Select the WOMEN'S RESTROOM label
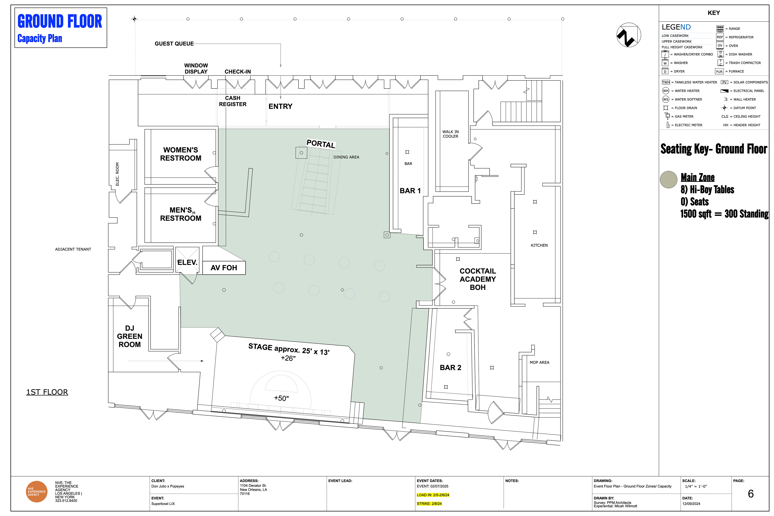(x=181, y=154)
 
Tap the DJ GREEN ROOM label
(x=130, y=336)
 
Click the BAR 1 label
(x=410, y=191)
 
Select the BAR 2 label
(x=450, y=368)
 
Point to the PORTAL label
(x=321, y=144)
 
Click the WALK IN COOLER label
(x=450, y=134)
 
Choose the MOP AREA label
(x=539, y=362)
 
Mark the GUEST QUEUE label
(x=174, y=44)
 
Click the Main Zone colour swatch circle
(x=668, y=180)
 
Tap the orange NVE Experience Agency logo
(x=36, y=492)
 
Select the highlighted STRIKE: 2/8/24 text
(x=429, y=504)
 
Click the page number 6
(x=751, y=494)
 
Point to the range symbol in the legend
(x=720, y=29)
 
